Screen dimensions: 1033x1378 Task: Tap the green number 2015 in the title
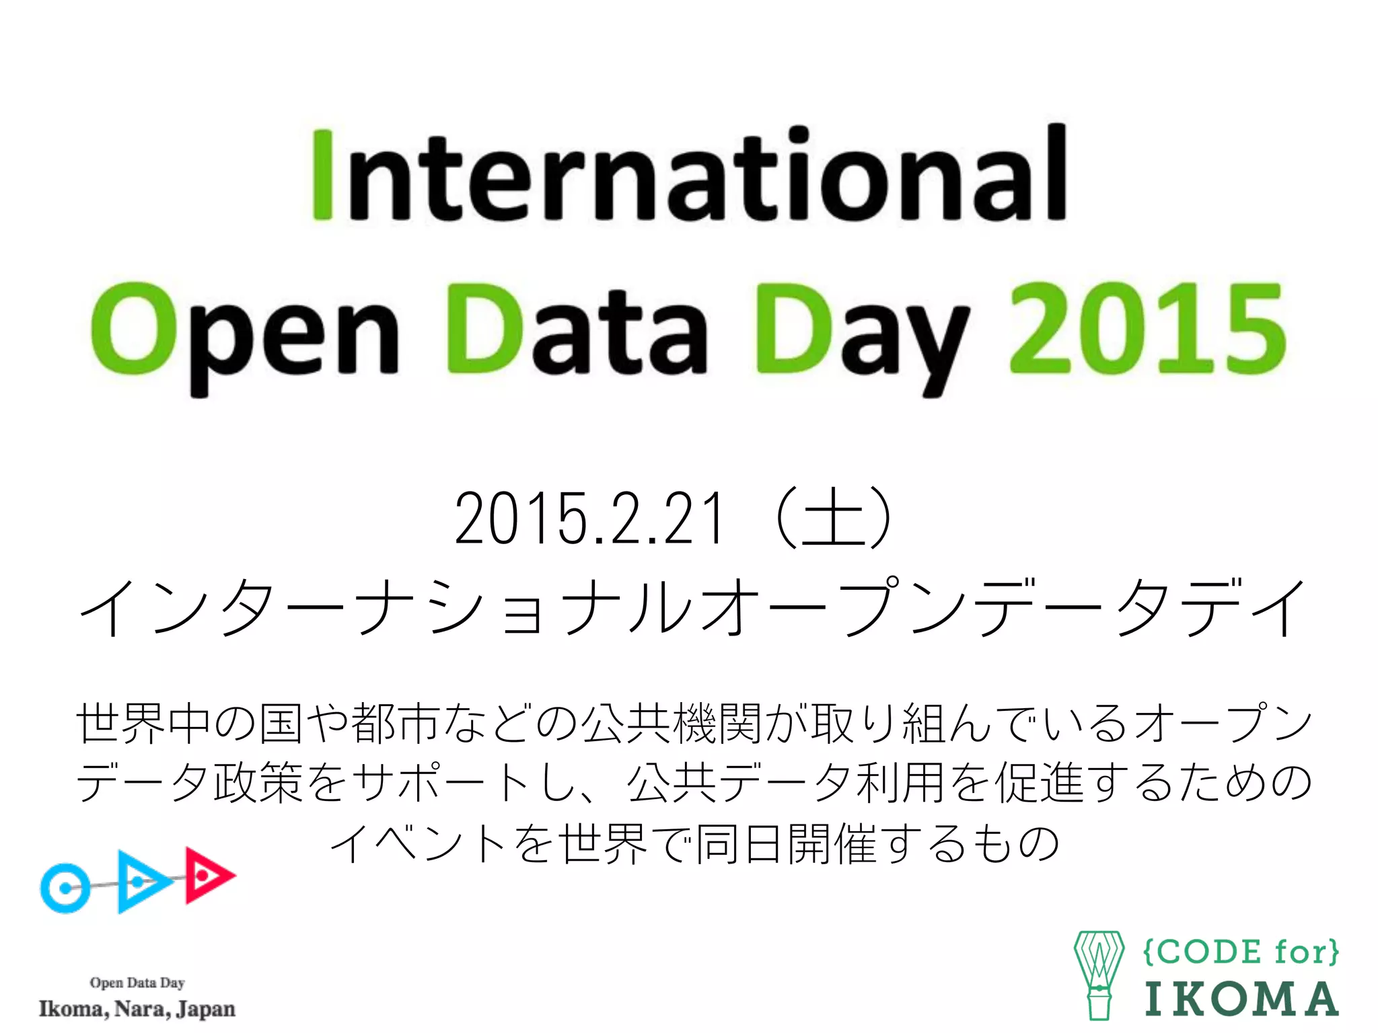(1147, 330)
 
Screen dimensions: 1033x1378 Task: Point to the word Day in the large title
(861, 333)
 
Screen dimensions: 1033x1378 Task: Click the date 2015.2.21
(589, 518)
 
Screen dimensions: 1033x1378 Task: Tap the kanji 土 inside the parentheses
(834, 518)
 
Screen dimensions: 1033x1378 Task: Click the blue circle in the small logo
(65, 888)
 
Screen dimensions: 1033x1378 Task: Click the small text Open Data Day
(137, 983)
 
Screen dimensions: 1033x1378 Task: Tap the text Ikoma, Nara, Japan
(137, 1009)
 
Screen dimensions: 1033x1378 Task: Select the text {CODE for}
(1240, 952)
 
